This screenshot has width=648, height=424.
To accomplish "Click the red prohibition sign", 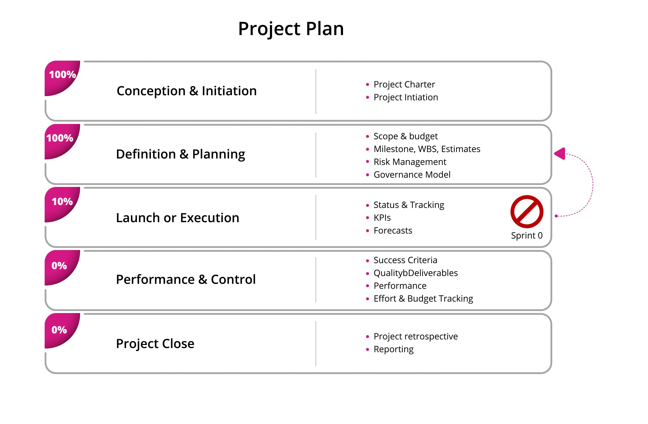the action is point(527,211).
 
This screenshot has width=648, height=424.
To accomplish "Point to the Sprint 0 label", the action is point(527,236).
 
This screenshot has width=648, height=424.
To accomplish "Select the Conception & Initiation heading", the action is point(187,91).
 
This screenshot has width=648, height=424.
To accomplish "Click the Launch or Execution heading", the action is point(177,218).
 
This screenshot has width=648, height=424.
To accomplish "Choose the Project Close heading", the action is point(155,344).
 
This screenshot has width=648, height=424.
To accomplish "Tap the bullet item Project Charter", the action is point(404,85).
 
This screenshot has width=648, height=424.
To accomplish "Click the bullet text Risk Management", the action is point(410,162).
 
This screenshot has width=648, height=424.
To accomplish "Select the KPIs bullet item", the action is point(382,218).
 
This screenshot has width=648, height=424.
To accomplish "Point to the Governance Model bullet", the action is point(412,175).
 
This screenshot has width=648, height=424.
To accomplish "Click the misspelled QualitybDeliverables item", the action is point(416,273).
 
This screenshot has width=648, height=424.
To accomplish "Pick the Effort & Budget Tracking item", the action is point(423,299).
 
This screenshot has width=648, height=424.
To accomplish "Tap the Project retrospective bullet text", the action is point(416,337).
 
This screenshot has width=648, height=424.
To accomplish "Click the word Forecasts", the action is point(393,230).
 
